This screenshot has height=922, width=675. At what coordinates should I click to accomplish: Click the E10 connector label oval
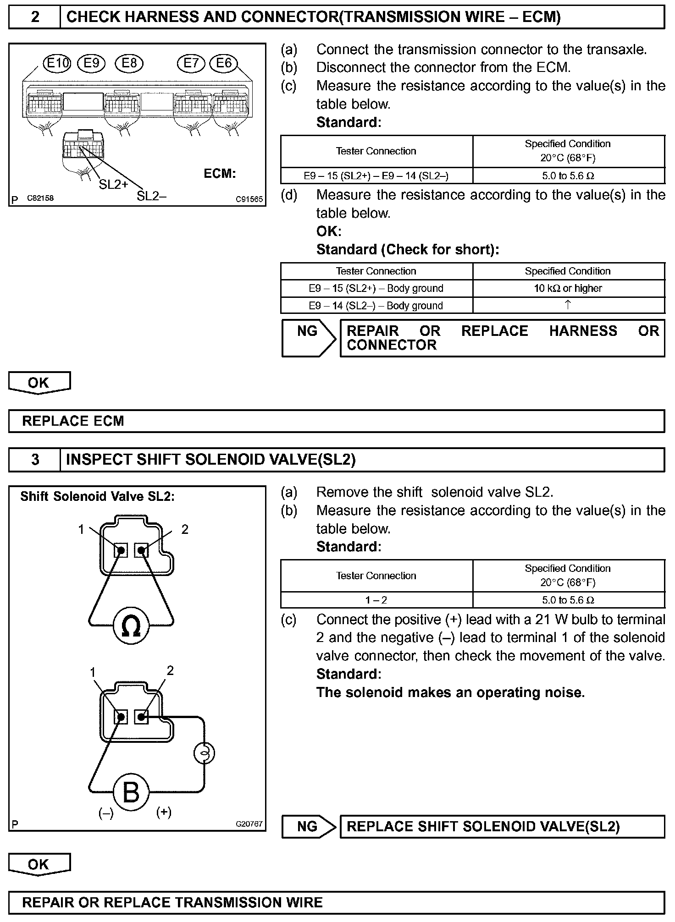coord(57,63)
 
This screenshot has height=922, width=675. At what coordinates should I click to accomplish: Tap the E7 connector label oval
coord(191,63)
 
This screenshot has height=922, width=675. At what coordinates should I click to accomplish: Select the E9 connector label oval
coord(92,63)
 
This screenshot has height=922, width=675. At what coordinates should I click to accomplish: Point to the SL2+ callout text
coord(113,184)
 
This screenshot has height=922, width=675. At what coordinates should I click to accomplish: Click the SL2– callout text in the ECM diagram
coord(151,196)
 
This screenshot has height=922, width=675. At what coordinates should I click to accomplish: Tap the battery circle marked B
coord(131,791)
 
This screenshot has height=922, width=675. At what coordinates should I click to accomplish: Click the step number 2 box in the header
coord(35,17)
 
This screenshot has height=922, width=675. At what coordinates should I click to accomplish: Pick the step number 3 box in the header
coord(35,460)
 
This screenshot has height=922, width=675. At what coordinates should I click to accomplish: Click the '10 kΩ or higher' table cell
coord(568,288)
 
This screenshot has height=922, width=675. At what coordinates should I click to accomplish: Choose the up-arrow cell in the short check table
coord(568,305)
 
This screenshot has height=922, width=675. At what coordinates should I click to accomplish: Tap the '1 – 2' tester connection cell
coord(376,600)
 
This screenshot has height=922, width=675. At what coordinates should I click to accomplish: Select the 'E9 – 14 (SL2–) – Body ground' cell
coord(376,306)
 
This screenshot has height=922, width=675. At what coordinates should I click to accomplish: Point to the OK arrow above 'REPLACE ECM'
coord(39,383)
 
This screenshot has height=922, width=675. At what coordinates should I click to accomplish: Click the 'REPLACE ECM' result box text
coord(73,421)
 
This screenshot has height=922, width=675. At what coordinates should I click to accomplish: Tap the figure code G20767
coord(249,823)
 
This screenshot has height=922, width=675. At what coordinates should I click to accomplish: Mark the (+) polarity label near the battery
coord(164,812)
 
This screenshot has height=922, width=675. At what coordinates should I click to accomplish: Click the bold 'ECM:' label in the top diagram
coord(220,174)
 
